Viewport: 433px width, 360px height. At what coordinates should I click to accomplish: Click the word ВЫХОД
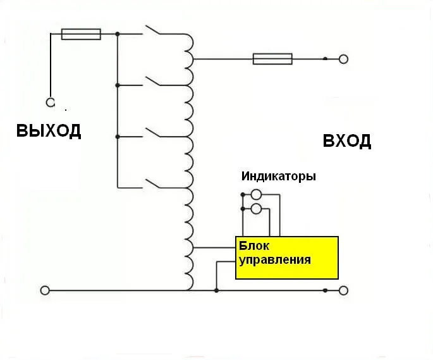[49, 131]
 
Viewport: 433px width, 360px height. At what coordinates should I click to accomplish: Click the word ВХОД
[346, 140]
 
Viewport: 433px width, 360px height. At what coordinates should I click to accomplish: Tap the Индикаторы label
[278, 176]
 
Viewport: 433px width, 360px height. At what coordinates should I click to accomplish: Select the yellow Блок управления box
[287, 258]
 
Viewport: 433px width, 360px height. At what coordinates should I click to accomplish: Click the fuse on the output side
[81, 34]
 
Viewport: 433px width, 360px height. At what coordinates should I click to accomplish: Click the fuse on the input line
[272, 59]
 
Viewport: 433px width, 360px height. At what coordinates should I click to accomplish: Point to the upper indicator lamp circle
[257, 195]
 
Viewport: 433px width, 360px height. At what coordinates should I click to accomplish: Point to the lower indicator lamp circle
[257, 208]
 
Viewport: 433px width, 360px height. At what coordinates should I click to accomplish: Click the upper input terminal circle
[343, 59]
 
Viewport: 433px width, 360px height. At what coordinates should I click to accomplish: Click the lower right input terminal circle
[343, 290]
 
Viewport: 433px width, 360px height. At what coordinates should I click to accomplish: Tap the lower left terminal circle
[45, 290]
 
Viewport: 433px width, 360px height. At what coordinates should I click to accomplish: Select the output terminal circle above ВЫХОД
[50, 102]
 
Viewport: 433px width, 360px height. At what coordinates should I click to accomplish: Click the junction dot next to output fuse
[118, 34]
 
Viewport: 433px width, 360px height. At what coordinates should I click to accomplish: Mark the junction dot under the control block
[217, 290]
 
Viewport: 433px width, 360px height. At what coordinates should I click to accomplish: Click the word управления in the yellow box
[274, 259]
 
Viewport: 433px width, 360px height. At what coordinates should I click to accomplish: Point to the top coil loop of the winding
[189, 42]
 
